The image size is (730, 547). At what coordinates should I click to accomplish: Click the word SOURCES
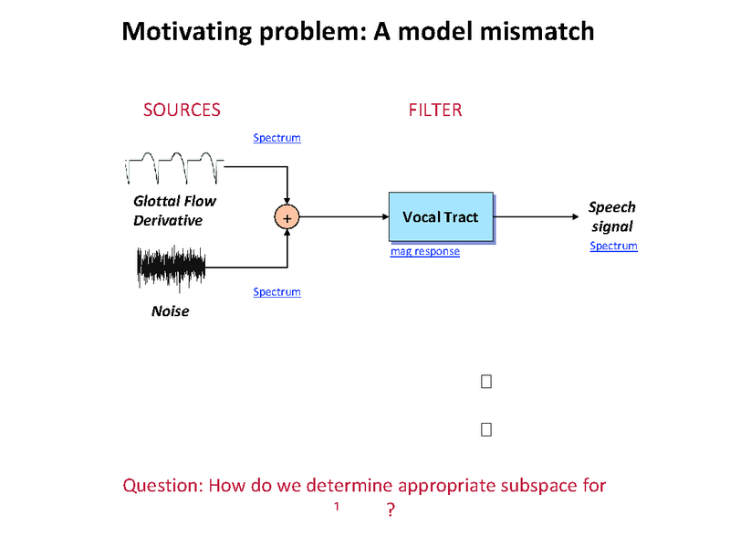182,110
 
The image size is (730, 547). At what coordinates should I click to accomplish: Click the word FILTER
435,110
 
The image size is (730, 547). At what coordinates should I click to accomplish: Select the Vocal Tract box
441,217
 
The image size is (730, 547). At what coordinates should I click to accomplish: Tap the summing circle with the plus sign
287,217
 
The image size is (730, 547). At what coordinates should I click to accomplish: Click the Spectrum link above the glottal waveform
276,138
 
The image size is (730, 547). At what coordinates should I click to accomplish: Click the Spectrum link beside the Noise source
276,292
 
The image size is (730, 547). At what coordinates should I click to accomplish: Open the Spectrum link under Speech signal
613,247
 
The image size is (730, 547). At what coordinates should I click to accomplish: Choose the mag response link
425,251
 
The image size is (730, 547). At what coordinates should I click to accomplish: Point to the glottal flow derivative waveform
174,168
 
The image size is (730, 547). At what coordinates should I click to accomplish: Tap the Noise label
170,311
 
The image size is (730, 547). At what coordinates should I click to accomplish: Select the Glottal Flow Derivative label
174,211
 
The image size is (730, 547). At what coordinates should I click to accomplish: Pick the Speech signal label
611,216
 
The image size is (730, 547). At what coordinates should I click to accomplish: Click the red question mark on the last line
391,510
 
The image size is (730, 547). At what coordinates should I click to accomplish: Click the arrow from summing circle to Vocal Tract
343,217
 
